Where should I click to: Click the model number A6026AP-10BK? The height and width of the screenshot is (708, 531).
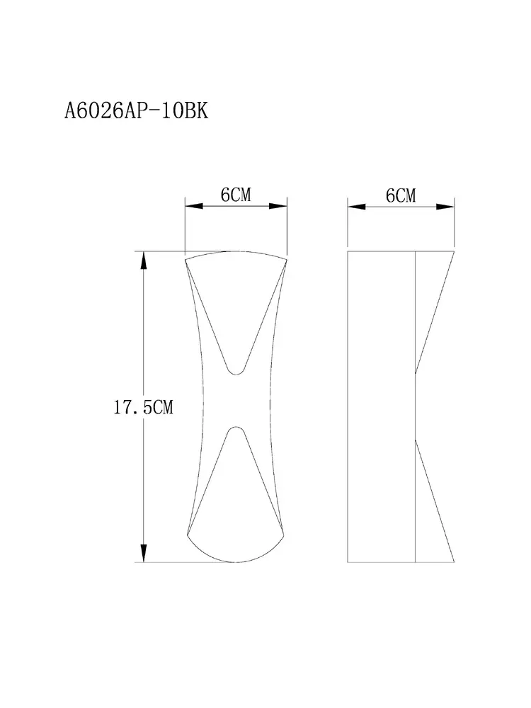pos(137,110)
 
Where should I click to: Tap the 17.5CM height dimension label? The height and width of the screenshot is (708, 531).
pos(143,407)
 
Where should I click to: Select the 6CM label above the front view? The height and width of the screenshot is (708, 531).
pos(236,195)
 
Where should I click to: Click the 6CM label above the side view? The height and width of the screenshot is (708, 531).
pos(401,195)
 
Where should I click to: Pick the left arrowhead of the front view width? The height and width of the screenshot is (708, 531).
pos(194,206)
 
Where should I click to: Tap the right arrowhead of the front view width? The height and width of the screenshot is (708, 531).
pos(278,206)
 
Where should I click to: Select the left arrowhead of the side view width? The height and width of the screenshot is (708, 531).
pos(356,206)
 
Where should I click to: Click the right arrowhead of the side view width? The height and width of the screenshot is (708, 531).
pos(445,206)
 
